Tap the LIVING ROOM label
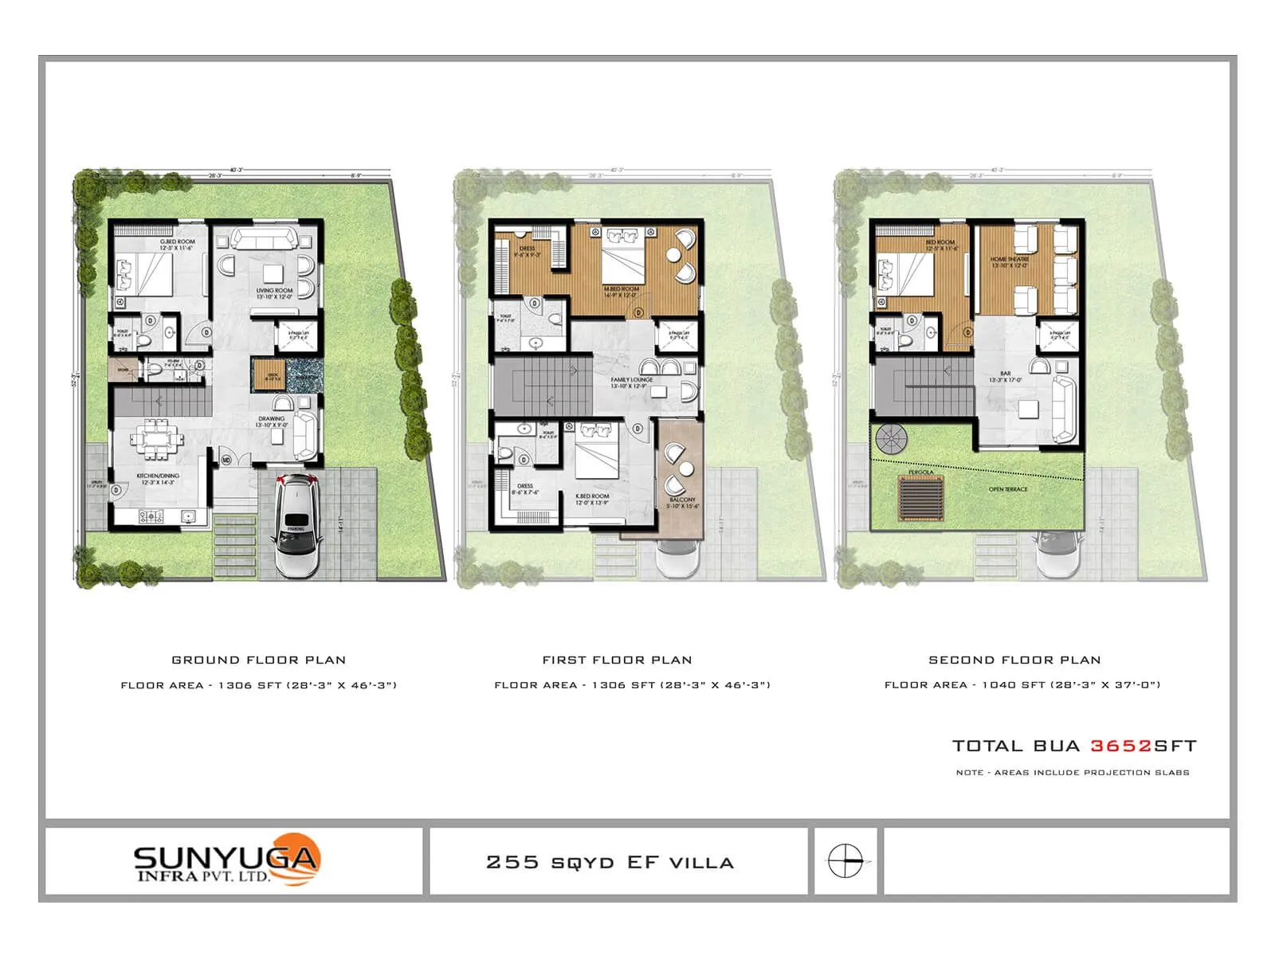click(274, 292)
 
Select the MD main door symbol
click(226, 460)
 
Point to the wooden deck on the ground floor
click(269, 374)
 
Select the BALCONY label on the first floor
click(682, 500)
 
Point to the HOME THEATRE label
click(1010, 260)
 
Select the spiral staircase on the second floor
click(891, 438)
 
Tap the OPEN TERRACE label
click(1008, 489)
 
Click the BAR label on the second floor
click(1006, 374)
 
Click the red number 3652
click(1120, 746)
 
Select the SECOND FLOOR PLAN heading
click(1014, 660)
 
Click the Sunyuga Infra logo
click(227, 860)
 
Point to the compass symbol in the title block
click(845, 861)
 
